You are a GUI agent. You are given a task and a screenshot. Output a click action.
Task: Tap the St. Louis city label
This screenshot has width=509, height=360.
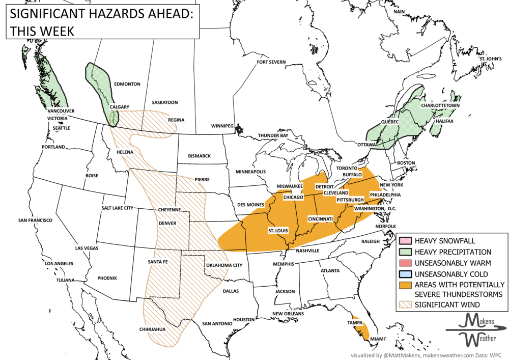[x=278, y=231]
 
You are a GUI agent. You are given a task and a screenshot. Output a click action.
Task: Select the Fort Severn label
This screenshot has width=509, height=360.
[x=271, y=62]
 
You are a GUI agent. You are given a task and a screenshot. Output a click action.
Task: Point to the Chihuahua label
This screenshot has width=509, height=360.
[x=152, y=329]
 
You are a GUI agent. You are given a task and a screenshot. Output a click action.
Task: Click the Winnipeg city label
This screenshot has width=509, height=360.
[x=222, y=125]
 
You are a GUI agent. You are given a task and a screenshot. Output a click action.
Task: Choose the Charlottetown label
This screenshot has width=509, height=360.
[x=440, y=105]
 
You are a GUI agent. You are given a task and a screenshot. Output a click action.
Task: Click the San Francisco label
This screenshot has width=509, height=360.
[x=35, y=220]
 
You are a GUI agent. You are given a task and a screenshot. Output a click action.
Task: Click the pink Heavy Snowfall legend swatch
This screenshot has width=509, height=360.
[x=405, y=241]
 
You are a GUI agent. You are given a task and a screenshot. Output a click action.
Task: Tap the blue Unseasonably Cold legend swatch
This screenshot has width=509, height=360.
[x=405, y=274]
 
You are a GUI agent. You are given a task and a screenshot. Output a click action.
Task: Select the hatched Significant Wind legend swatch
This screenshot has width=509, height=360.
[x=405, y=304]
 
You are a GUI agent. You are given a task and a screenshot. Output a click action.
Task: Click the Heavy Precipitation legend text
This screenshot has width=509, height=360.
[x=453, y=252]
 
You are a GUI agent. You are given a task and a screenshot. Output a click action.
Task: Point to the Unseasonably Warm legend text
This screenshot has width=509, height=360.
[x=453, y=263]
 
